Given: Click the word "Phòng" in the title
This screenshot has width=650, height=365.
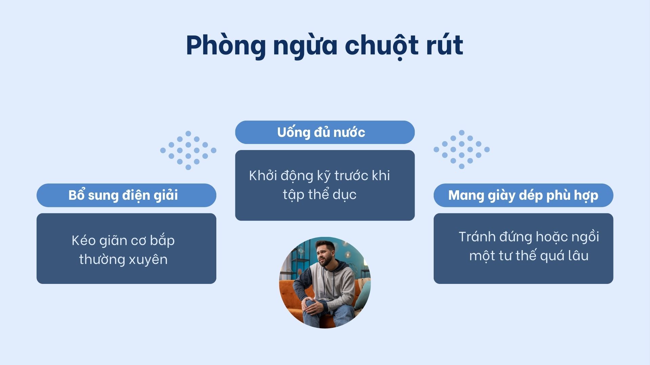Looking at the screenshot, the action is pos(226,46).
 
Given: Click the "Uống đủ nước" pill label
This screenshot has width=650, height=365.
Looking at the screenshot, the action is pos(325,132).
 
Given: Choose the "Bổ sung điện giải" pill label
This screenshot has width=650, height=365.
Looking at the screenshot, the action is pos(126,195).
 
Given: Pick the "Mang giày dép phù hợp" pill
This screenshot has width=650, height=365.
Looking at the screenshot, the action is pos(523,195).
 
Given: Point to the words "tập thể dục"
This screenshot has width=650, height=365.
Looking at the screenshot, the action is pos(320,195).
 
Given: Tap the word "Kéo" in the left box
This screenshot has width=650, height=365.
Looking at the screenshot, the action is pos(81,240).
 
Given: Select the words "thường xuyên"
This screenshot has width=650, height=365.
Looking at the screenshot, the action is pos(123,259).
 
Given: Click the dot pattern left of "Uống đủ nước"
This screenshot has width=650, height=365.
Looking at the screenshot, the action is pos(188,150).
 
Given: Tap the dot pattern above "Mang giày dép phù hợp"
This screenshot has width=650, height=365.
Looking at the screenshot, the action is pos(461,149).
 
